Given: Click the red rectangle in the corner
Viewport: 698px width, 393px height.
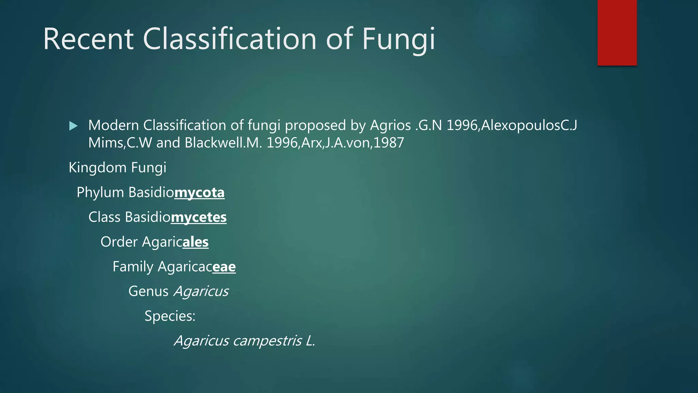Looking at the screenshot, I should point(617,33).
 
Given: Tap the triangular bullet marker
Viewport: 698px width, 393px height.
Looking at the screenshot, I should point(73,126).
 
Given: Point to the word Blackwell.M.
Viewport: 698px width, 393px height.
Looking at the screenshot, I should point(224,143).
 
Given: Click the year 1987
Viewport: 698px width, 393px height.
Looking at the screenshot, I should point(389,143).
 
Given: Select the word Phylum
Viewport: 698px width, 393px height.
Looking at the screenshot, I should point(100,193).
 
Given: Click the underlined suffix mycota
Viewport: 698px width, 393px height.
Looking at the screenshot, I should point(199,193).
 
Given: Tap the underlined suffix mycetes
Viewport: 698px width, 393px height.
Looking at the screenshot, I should point(199,217).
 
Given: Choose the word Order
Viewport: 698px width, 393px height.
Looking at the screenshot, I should point(119,242).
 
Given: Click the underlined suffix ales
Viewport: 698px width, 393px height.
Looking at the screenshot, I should point(195,242).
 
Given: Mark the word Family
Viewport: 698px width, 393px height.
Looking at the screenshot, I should point(133,267).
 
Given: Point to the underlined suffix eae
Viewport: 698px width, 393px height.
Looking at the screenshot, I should point(224,267).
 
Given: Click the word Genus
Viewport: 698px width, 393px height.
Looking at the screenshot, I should point(148,291).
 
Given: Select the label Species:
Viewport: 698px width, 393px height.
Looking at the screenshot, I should point(170,316).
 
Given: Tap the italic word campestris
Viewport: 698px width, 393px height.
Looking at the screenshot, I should point(268,341).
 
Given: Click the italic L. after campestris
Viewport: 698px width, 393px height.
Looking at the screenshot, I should point(310,341).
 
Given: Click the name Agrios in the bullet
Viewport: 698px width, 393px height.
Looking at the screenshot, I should point(390,125).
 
